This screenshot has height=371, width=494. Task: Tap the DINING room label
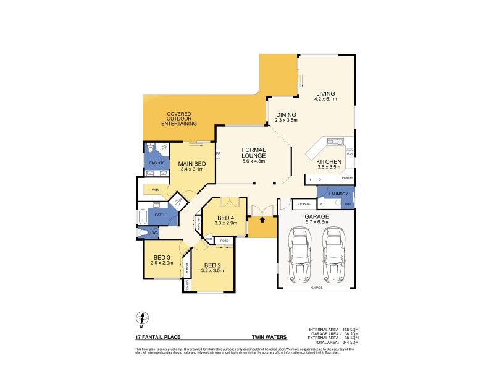(x=286, y=114)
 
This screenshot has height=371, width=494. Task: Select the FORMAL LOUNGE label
(x=253, y=152)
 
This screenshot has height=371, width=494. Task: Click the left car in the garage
(x=300, y=254)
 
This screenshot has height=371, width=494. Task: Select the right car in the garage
(x=333, y=254)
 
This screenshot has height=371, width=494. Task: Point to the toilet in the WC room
(x=144, y=233)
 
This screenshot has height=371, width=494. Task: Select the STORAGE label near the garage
(x=303, y=203)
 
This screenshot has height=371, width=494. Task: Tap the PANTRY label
(x=347, y=178)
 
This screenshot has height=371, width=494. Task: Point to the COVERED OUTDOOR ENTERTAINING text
(x=179, y=119)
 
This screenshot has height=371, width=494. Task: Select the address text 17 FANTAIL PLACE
(x=156, y=338)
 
